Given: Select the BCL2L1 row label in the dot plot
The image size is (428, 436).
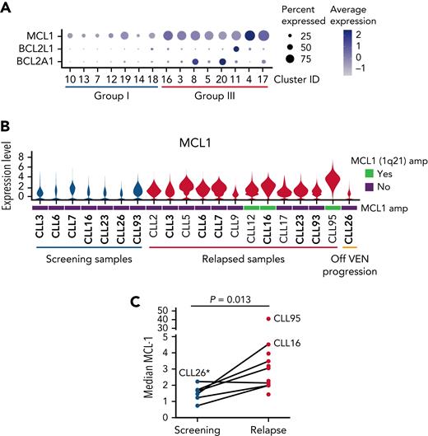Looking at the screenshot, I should (38, 49).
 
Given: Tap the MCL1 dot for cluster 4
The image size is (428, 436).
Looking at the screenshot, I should (250, 35).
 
